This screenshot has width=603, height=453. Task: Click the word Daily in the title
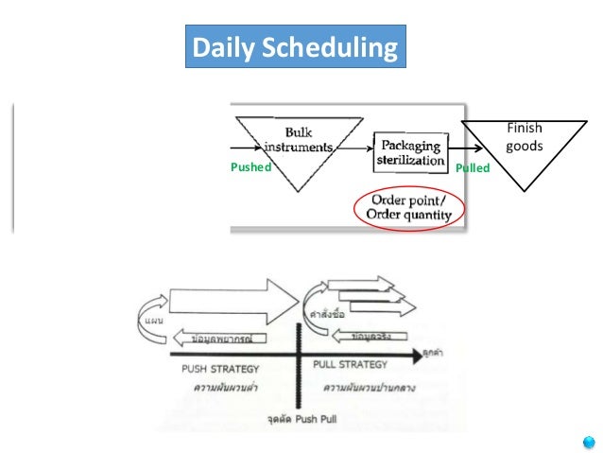219,47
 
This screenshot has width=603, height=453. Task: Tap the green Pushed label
250,167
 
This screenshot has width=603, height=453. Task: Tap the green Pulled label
473,168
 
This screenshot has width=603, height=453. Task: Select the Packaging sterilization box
411,152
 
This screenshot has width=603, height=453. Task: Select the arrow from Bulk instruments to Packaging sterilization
355,148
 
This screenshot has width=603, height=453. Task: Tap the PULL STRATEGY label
350,364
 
